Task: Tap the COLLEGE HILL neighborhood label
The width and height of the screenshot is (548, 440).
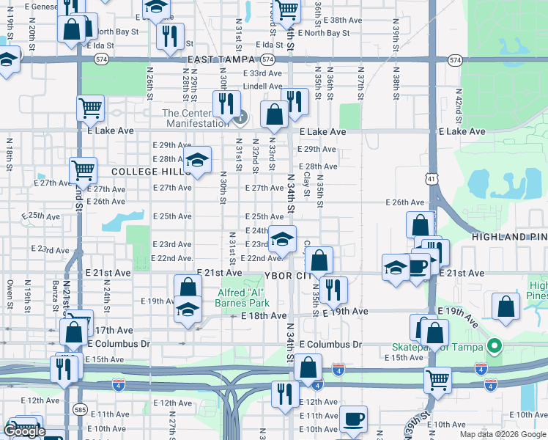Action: (x=144, y=172)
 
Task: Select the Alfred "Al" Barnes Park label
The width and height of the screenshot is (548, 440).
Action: (x=242, y=297)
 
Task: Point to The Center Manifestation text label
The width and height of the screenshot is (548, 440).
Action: (x=196, y=118)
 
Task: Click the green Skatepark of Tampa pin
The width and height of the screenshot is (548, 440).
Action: (x=495, y=345)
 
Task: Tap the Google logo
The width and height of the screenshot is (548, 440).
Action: (x=25, y=432)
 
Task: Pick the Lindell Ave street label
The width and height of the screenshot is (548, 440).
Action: (x=262, y=86)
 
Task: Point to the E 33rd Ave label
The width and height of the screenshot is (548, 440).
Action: (x=262, y=73)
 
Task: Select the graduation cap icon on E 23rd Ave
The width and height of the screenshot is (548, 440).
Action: (x=282, y=238)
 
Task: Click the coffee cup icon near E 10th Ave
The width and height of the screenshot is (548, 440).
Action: (x=354, y=419)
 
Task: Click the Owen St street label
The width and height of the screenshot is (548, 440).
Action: (x=10, y=292)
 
